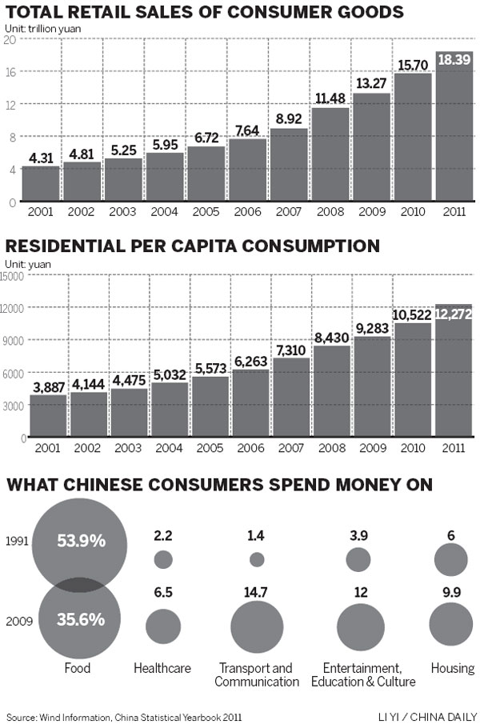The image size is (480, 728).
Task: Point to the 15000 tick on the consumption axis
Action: click(x=14, y=275)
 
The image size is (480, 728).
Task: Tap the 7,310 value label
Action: click(x=290, y=349)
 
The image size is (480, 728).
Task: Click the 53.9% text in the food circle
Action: click(x=80, y=541)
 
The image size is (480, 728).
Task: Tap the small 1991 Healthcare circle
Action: click(x=163, y=559)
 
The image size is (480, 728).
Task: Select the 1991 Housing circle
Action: click(x=451, y=558)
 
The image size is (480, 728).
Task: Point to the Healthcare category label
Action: click(x=162, y=668)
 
